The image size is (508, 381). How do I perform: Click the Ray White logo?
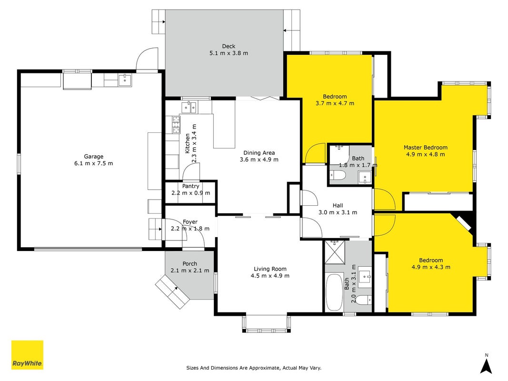click(x=27, y=355)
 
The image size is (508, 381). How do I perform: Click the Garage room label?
click(x=94, y=157)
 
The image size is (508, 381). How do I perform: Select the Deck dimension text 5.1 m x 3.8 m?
click(x=229, y=53)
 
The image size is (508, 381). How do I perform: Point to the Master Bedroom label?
click(x=425, y=148)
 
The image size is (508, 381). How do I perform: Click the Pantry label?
click(x=190, y=186)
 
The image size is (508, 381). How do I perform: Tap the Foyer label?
click(x=190, y=222)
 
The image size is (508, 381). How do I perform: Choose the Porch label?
click(x=190, y=264)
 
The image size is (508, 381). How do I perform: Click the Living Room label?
click(x=270, y=269)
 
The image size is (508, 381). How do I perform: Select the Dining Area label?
click(x=259, y=153)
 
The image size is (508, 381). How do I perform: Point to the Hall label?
click(x=338, y=205)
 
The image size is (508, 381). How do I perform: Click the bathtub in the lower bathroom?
click(x=334, y=292)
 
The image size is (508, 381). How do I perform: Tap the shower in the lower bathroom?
click(x=334, y=252)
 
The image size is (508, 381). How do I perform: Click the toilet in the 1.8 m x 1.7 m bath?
click(x=338, y=176)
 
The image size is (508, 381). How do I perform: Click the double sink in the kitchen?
click(x=189, y=107)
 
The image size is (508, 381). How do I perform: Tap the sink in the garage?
click(x=125, y=80)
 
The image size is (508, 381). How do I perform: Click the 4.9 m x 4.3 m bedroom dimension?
click(x=431, y=267)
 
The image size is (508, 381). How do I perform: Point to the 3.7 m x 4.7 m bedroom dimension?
click(x=335, y=103)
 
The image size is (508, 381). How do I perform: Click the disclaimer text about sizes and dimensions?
click(x=254, y=368)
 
